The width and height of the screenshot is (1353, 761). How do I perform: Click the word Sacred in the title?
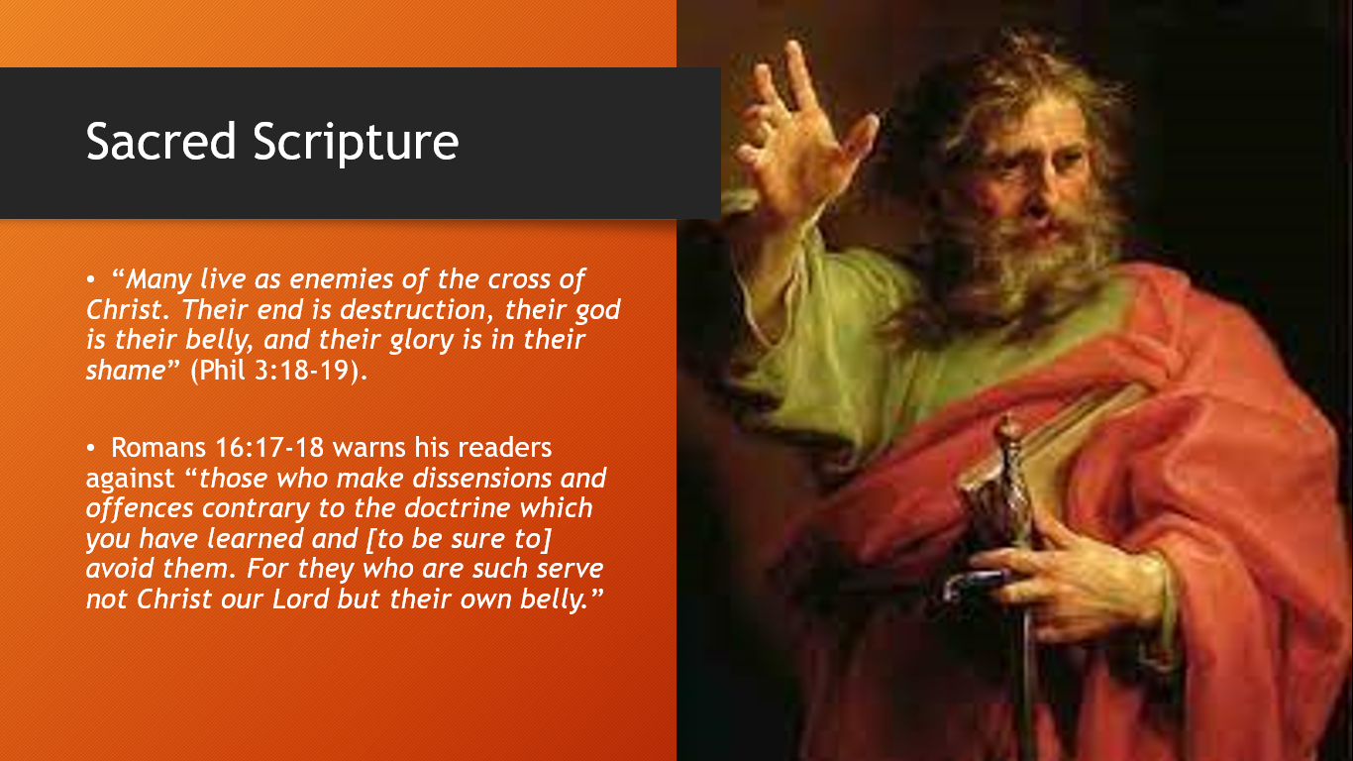(160, 142)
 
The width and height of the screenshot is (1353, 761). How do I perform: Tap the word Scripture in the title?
(357, 144)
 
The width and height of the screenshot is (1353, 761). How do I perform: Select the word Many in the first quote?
(158, 279)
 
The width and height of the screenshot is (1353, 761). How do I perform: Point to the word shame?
(126, 370)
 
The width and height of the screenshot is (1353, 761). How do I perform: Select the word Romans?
(158, 448)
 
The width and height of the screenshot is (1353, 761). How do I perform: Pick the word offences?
(140, 508)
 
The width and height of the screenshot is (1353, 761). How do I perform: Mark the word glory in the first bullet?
(422, 341)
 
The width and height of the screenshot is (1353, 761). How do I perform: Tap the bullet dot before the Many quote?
(90, 279)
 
